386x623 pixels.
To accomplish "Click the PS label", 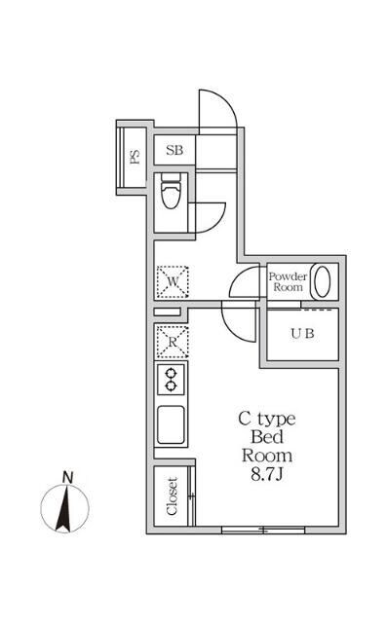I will (x=135, y=157).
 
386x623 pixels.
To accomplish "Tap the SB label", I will (x=174, y=150).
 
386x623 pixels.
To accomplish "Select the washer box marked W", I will (x=173, y=282).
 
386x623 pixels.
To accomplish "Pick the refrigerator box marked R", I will (x=172, y=341).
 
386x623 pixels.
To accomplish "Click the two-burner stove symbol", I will (x=172, y=379).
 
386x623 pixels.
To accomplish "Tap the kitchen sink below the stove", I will (x=172, y=423).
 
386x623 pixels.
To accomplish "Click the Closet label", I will (x=172, y=496).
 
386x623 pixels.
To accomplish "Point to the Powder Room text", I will (x=288, y=281).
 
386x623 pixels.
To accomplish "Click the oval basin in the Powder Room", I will (x=326, y=281).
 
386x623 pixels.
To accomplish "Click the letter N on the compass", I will (x=67, y=476).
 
